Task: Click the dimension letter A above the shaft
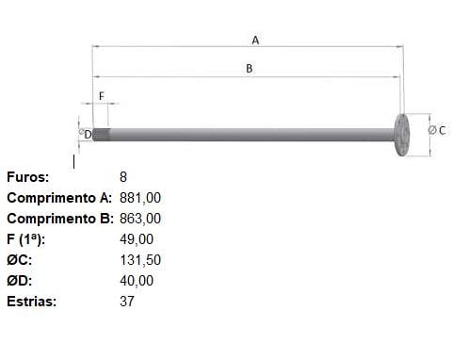tap(255, 41)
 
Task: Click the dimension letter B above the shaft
tap(250, 68)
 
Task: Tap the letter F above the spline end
tap(101, 96)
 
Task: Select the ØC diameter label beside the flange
tap(437, 130)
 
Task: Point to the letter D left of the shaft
tap(88, 135)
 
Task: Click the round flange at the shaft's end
tap(402, 135)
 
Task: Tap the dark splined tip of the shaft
tap(101, 135)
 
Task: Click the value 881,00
tap(140, 198)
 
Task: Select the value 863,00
tap(140, 219)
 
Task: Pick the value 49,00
tap(137, 239)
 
